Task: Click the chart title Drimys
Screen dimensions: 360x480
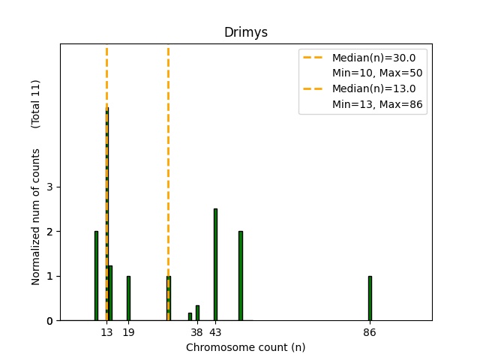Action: tap(245, 33)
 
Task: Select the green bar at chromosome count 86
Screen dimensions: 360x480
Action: tap(370, 298)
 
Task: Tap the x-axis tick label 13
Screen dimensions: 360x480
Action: tap(107, 332)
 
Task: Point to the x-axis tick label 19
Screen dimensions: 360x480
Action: tap(128, 332)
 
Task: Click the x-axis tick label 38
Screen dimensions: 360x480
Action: tap(197, 332)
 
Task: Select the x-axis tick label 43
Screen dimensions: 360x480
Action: tap(215, 332)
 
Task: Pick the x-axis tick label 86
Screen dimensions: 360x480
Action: tap(370, 332)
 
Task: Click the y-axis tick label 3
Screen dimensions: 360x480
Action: tap(49, 187)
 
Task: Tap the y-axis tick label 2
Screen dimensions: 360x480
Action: tap(49, 232)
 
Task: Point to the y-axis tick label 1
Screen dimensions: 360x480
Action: tap(49, 276)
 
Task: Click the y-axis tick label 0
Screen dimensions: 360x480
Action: tap(49, 321)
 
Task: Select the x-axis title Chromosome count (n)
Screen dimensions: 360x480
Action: tap(245, 347)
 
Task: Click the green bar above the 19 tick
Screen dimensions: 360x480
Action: tap(128, 298)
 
